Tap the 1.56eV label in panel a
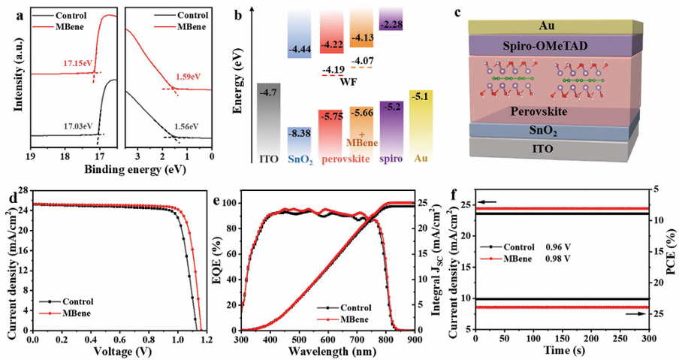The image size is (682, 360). [x=185, y=126]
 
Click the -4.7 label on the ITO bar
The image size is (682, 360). [x=270, y=93]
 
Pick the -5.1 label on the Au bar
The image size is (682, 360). [x=421, y=96]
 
